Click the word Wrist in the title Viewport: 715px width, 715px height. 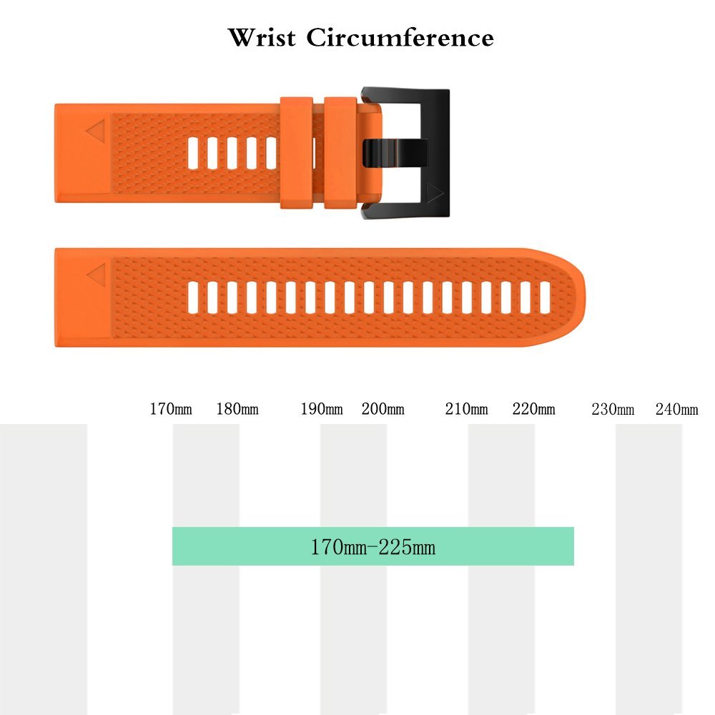click(262, 37)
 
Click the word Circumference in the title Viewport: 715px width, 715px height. click(400, 37)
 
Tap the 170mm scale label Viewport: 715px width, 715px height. click(171, 408)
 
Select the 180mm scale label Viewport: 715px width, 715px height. click(237, 408)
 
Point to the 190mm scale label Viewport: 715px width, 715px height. click(322, 408)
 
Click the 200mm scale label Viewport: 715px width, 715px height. click(383, 408)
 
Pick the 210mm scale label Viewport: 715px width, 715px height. click(466, 408)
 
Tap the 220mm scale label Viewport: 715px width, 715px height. click(533, 408)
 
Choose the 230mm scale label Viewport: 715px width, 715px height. click(613, 409)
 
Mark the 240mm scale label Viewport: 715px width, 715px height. click(676, 409)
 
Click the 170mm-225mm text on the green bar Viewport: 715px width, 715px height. click(373, 547)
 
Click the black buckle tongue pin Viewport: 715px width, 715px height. click(395, 153)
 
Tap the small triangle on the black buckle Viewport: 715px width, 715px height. click(435, 193)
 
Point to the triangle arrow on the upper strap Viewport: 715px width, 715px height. click(96, 132)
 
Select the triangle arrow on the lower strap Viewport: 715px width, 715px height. click(97, 275)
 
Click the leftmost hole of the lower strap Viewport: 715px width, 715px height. click(193, 297)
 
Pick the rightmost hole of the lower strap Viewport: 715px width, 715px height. click(545, 297)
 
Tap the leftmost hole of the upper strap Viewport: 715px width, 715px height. click(193, 153)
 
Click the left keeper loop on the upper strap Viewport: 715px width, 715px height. click(297, 153)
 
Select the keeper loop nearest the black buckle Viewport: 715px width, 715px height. click(340, 153)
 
